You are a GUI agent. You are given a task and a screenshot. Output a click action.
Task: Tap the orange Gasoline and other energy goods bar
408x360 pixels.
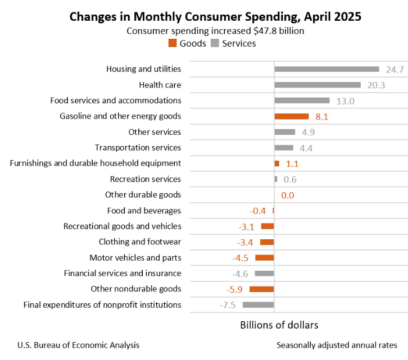point(291,116)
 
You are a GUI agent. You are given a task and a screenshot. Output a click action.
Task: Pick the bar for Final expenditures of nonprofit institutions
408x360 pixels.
point(258,305)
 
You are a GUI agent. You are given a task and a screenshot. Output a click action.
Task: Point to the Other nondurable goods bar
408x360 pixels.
point(261,289)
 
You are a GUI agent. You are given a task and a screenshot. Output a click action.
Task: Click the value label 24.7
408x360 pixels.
point(395,70)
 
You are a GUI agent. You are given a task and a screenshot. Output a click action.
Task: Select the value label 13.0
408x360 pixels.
point(346,101)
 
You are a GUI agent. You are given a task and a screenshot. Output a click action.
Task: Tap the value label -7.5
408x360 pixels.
point(228,306)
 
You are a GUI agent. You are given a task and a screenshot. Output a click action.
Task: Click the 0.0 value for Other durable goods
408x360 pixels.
point(287,195)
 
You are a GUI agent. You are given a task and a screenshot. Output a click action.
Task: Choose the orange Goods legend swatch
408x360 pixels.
point(172,43)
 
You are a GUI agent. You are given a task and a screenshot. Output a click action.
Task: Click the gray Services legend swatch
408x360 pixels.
point(215,43)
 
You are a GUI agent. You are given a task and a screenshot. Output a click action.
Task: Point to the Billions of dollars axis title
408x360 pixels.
point(279,325)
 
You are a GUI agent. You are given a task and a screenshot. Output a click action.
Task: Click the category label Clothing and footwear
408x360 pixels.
point(140,242)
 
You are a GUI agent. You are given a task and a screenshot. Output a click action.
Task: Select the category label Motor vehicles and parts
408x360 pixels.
point(135,258)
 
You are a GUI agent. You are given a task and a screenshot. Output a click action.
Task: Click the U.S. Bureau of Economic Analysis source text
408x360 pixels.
point(78,345)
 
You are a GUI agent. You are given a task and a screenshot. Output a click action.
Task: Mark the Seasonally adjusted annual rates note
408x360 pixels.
point(337,345)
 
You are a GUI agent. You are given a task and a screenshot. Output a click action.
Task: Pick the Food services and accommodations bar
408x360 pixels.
point(302,101)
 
